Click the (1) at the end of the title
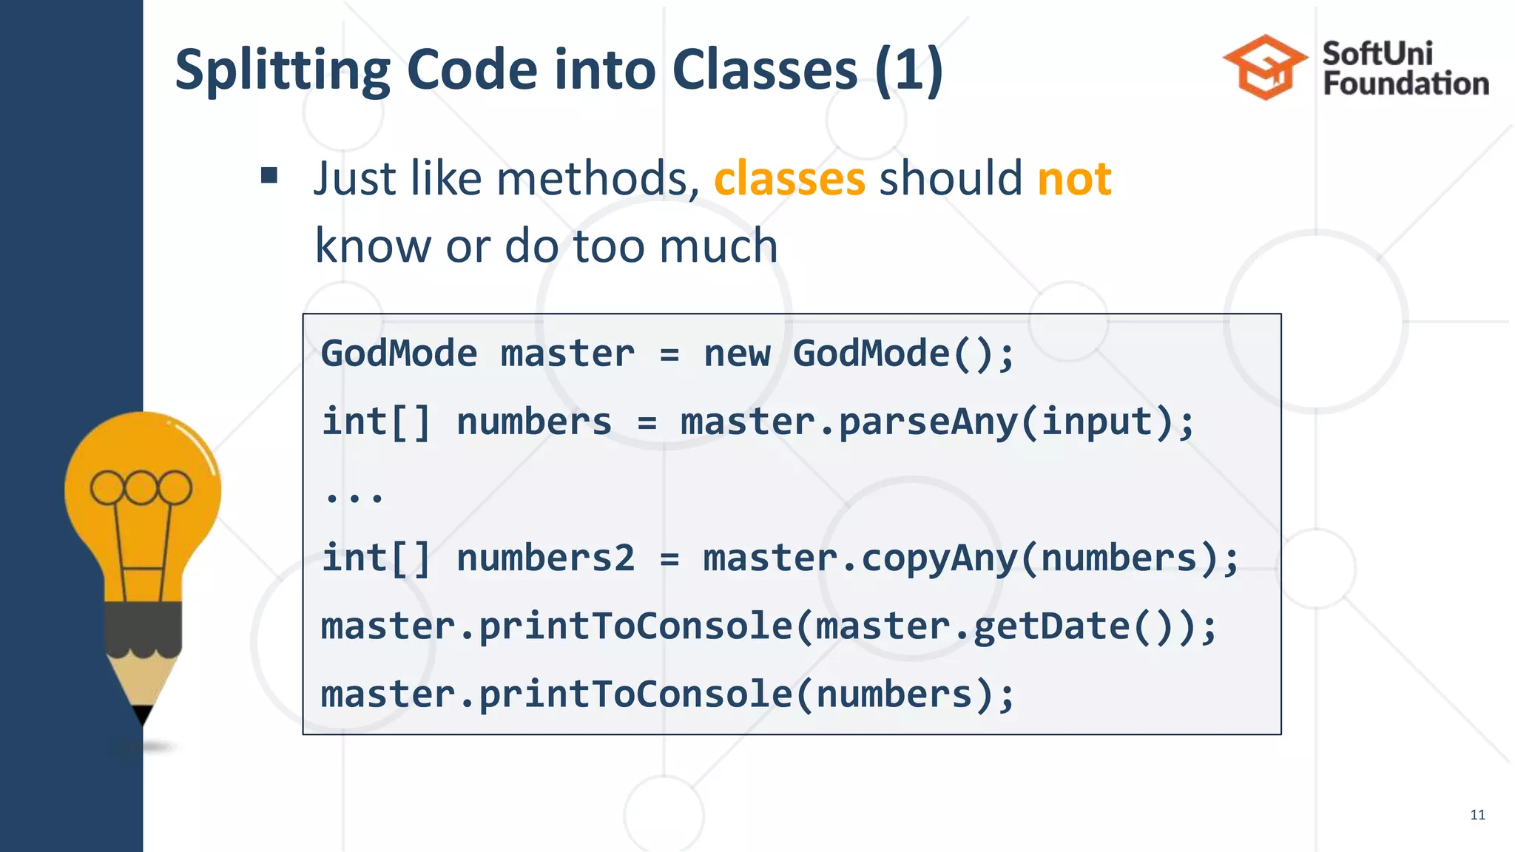click(x=908, y=70)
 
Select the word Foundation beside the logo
click(x=1406, y=84)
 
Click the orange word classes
click(x=789, y=179)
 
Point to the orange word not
click(x=1074, y=179)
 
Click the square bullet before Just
click(x=269, y=176)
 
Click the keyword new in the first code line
click(x=737, y=354)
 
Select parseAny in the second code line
click(x=928, y=422)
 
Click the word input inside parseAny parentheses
click(x=1096, y=422)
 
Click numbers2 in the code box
click(x=545, y=558)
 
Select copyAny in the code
click(x=939, y=558)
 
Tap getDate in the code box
click(x=1051, y=627)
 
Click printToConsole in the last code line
click(x=636, y=695)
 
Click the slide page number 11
click(x=1477, y=815)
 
